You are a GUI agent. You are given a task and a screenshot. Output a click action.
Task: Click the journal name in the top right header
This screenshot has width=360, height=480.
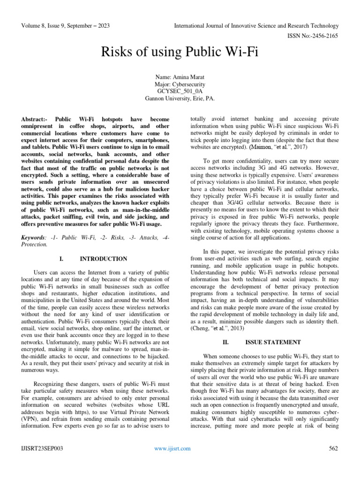click(256, 26)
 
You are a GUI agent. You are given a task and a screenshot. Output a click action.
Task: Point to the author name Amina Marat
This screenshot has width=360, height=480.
click(180, 76)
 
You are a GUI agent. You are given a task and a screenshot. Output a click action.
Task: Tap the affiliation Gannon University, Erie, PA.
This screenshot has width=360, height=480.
click(180, 98)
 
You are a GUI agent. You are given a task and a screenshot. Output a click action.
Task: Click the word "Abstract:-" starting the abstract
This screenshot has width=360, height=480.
click(36, 120)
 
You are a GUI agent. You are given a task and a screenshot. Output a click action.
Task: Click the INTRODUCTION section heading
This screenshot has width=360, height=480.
click(103, 259)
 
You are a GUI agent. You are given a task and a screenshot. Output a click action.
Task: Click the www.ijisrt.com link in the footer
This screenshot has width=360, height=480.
click(172, 449)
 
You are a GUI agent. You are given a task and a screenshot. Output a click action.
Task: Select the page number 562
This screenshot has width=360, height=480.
click(333, 449)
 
